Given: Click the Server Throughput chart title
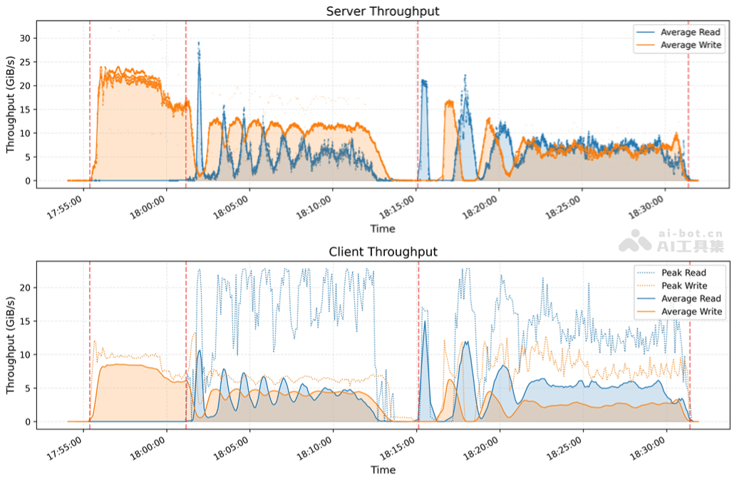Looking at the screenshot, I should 383,11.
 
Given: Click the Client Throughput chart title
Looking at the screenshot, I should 383,252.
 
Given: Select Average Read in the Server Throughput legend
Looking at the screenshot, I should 690,32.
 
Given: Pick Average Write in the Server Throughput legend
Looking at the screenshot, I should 690,45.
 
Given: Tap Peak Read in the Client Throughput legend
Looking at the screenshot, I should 683,273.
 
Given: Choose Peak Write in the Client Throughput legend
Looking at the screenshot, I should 684,286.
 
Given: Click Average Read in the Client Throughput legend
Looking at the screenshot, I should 690,299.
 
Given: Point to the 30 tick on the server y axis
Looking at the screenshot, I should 25,38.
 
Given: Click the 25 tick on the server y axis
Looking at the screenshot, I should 25,62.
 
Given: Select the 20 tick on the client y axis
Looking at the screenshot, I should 25,288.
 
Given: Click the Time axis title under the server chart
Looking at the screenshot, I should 383,229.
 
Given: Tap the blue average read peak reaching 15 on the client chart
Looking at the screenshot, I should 425,323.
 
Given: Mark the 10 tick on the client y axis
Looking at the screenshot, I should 25,355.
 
